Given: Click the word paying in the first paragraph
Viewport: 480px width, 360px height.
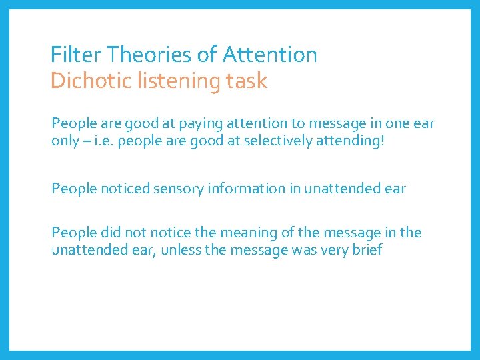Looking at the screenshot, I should pos(198,124).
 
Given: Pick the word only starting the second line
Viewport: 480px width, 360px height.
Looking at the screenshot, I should pos(65,142).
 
